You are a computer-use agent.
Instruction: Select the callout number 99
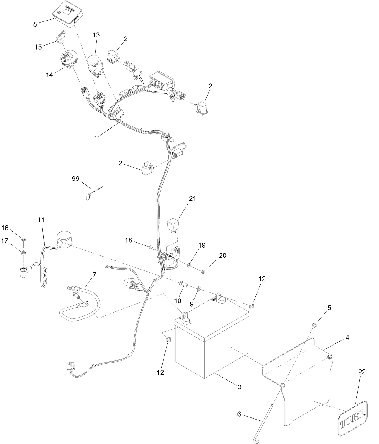(x=75, y=179)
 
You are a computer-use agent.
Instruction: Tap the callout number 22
(x=362, y=372)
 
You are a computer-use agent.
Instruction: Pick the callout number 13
(x=96, y=35)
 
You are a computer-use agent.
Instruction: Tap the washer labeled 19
(x=189, y=265)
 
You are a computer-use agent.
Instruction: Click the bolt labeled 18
(x=151, y=248)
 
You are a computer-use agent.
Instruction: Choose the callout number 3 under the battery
(x=240, y=387)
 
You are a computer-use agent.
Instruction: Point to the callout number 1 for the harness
(x=96, y=138)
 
